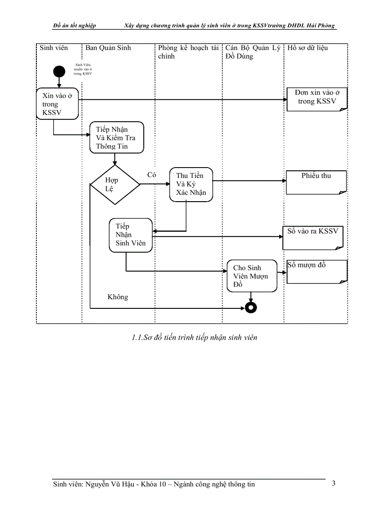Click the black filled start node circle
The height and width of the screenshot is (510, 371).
59,72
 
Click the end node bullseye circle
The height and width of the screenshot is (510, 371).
250,307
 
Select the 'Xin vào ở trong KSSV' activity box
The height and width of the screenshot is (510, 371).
57,104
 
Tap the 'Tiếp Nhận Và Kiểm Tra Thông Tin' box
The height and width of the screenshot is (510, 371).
117,138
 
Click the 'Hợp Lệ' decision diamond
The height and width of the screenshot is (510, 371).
115,184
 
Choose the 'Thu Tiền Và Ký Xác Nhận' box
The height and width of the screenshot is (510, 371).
191,184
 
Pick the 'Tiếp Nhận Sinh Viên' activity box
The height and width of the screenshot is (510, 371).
130,235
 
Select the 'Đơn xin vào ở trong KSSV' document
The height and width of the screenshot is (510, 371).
317,99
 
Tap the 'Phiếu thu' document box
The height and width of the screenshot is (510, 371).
316,182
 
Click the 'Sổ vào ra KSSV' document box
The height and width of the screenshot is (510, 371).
313,238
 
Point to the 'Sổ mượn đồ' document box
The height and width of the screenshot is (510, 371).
317,272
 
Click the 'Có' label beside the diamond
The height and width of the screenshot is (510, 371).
152,175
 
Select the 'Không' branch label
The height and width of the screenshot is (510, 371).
118,297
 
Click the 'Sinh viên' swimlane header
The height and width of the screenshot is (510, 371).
54,48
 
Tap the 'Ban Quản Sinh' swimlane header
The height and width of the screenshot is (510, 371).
108,48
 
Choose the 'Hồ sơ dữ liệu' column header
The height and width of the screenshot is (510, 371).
307,48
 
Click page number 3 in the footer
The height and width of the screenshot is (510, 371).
334,483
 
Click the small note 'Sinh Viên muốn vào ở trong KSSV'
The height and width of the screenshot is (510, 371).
83,69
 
